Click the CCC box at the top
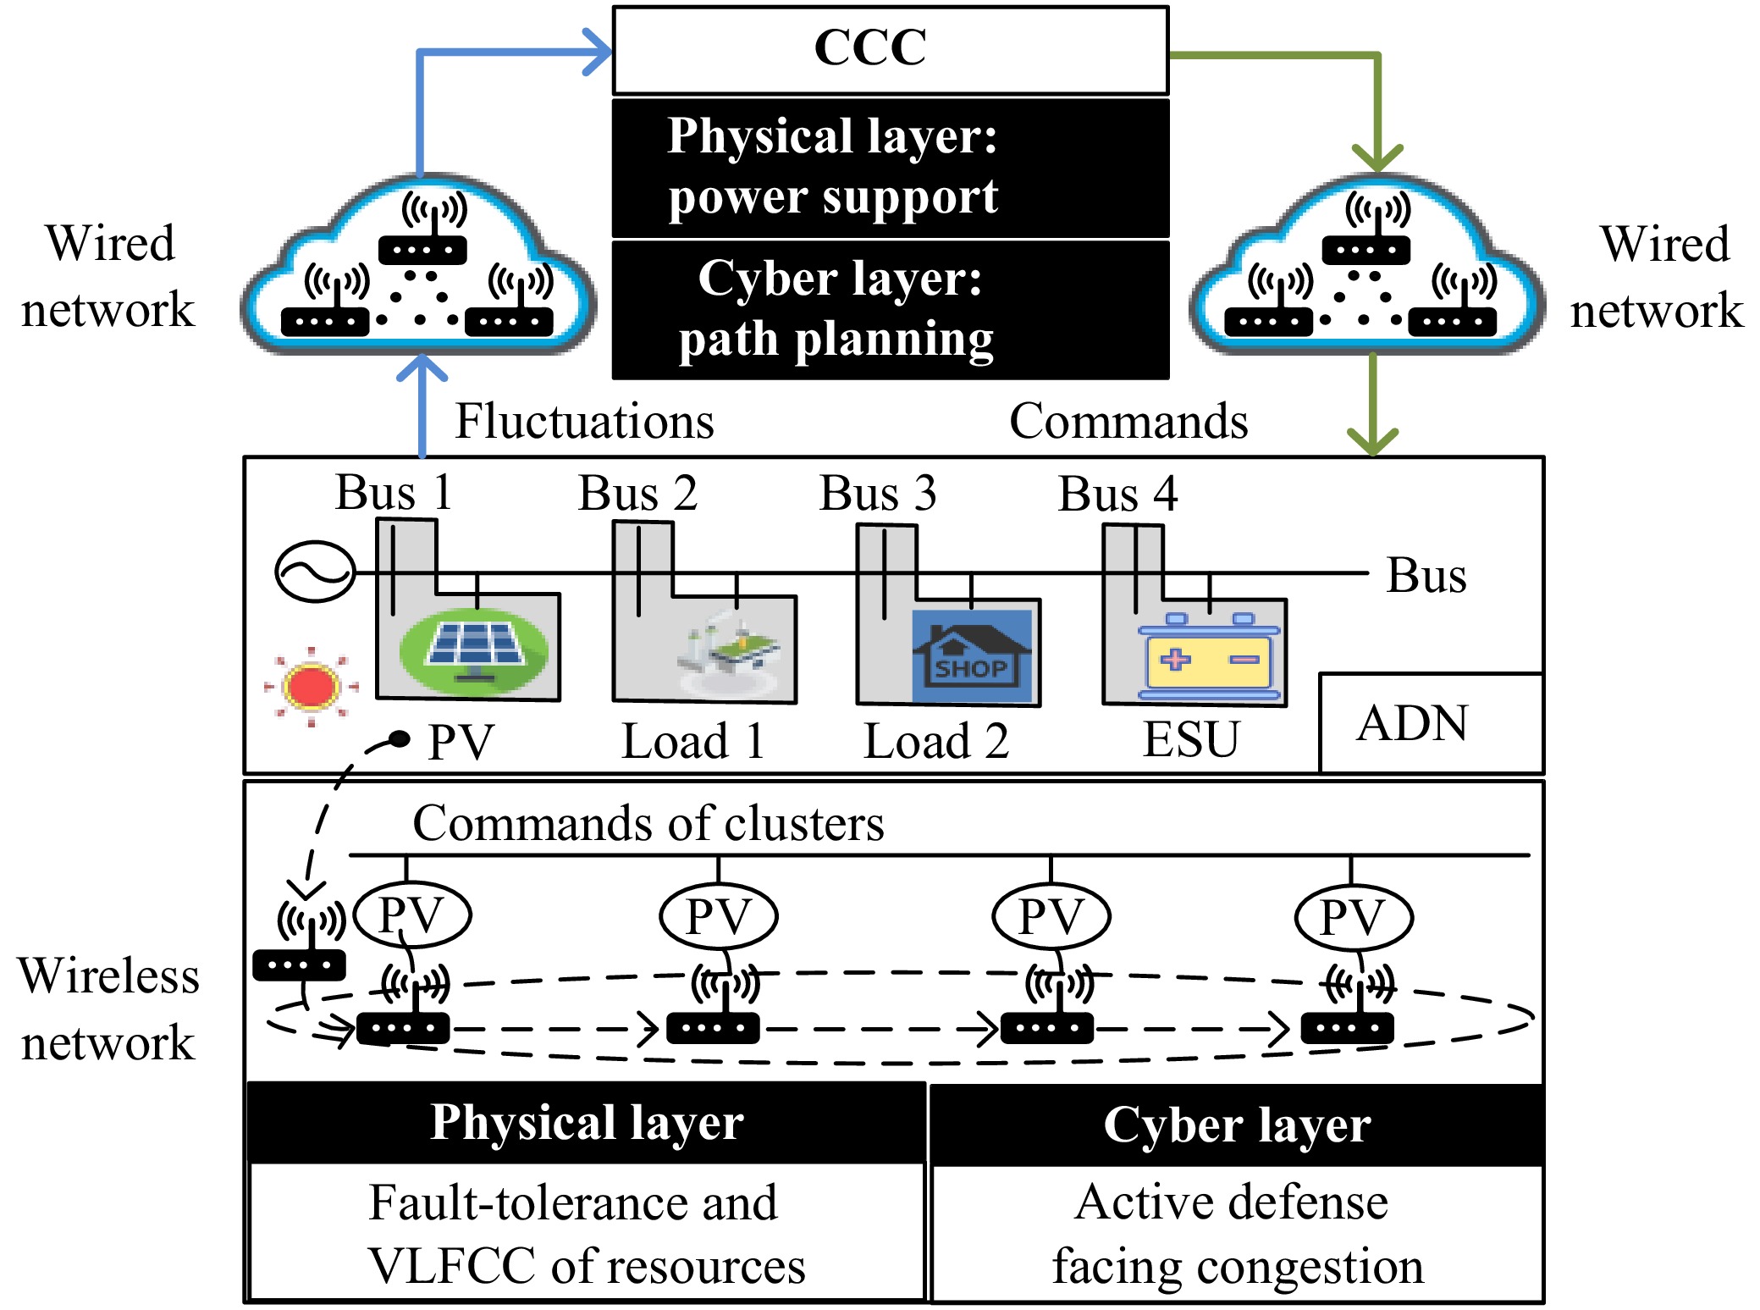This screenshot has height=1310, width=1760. tap(890, 49)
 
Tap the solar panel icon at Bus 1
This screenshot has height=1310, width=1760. tap(473, 651)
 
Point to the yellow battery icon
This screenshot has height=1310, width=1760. tap(1208, 660)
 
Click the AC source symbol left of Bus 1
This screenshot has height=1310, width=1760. tap(314, 572)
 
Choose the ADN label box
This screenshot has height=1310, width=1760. tap(1430, 723)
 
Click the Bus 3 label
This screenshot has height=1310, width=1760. tap(878, 493)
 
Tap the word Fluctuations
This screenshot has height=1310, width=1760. tap(584, 421)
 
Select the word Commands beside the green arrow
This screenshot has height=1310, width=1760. tap(1128, 421)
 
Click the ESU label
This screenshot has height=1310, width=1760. tap(1190, 739)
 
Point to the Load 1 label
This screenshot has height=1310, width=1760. tap(693, 741)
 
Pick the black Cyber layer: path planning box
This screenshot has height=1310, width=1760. tap(890, 310)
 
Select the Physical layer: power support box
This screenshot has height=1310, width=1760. tap(890, 168)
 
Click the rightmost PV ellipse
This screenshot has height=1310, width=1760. tap(1353, 917)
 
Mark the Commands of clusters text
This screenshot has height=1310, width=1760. tap(648, 823)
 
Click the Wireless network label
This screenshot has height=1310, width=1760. tap(108, 1009)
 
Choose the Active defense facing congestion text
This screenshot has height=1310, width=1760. tap(1236, 1234)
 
